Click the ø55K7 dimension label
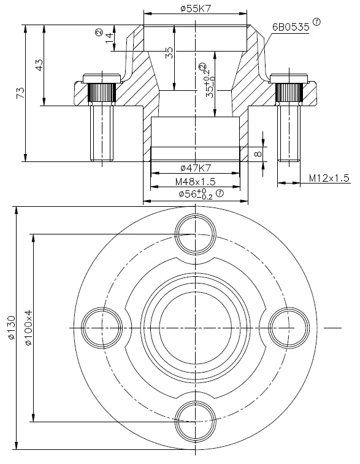point(196,9)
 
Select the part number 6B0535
point(291,27)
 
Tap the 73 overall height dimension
point(21,93)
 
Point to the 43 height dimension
point(39,65)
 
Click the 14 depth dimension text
point(109,37)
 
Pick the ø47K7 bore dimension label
point(196,168)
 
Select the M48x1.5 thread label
point(195,181)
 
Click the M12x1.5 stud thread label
point(329,178)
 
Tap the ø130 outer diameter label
point(11,327)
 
